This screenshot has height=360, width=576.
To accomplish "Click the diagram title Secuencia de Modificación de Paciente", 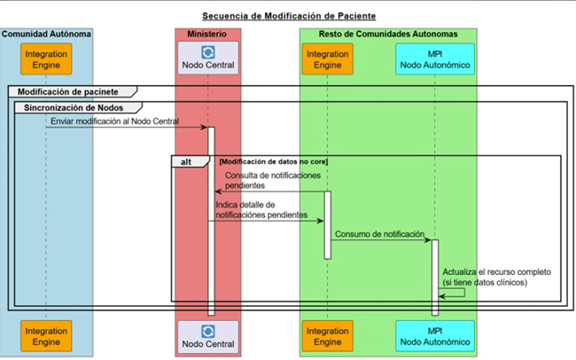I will (x=288, y=16).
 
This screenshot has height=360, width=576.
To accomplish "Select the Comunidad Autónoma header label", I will (x=46, y=34).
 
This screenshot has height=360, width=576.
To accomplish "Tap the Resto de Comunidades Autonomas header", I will (x=388, y=34).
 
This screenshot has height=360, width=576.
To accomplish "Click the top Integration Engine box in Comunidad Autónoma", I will (x=46, y=59).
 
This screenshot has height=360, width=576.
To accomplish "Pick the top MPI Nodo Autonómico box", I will (x=434, y=59).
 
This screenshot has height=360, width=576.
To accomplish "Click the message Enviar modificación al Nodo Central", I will (x=114, y=121).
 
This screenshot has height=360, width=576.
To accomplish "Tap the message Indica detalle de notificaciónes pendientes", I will (x=261, y=210).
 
